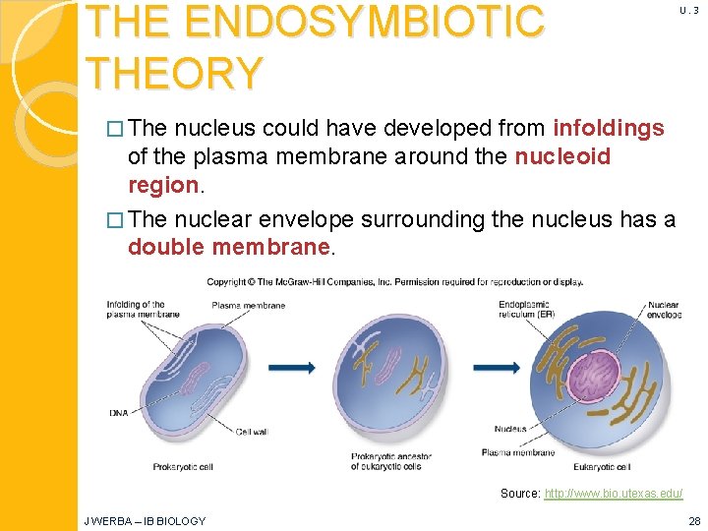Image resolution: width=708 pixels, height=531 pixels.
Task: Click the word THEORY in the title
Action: pyautogui.click(x=174, y=74)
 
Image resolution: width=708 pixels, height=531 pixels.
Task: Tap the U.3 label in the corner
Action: pyautogui.click(x=688, y=11)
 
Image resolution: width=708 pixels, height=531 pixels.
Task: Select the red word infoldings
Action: pyautogui.click(x=609, y=129)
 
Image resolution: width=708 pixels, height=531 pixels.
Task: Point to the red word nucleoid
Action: pyautogui.click(x=562, y=157)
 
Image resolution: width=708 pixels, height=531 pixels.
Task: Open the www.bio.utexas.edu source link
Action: pyautogui.click(x=613, y=493)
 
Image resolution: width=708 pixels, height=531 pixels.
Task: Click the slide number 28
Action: pyautogui.click(x=693, y=521)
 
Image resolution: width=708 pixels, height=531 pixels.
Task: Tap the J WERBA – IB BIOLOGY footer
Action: pyautogui.click(x=145, y=521)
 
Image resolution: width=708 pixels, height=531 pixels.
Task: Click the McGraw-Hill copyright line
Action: pyautogui.click(x=394, y=282)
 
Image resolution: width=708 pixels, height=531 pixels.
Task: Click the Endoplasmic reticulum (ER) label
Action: pyautogui.click(x=526, y=309)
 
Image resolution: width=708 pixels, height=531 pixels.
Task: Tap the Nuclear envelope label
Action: pyautogui.click(x=663, y=311)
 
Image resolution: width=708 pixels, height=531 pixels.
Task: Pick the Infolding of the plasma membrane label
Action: pyautogui.click(x=137, y=310)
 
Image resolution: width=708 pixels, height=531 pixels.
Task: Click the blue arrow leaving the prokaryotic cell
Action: pyautogui.click(x=291, y=368)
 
